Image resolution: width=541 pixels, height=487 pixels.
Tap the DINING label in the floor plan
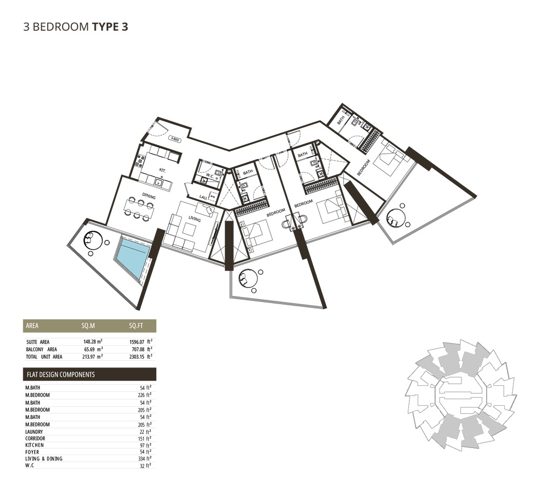[149, 197]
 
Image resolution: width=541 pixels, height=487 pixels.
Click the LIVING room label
[195, 220]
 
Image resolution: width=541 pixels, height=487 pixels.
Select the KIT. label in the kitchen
[162, 170]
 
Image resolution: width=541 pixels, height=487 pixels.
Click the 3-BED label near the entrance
[175, 139]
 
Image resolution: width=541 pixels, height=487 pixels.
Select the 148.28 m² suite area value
[93, 342]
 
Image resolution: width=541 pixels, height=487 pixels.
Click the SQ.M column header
[88, 326]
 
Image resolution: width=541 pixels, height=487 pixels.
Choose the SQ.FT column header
[136, 326]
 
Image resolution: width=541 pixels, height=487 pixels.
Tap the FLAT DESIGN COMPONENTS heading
[61, 374]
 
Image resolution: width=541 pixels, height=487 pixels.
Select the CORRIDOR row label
[36, 438]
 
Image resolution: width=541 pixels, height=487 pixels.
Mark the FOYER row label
[32, 451]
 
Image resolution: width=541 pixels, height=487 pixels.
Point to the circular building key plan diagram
[460, 393]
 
